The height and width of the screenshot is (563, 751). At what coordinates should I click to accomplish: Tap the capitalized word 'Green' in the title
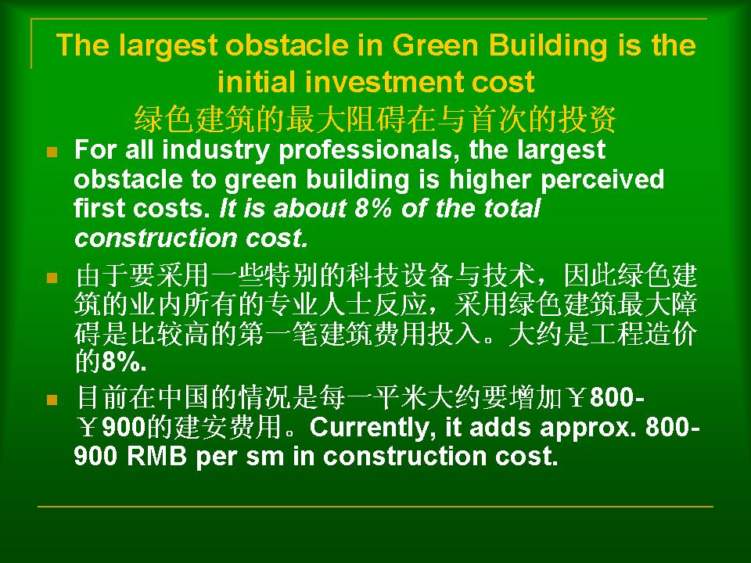[436, 45]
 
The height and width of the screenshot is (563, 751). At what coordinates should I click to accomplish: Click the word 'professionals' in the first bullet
[365, 151]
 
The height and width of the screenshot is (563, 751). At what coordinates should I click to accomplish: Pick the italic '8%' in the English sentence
[373, 209]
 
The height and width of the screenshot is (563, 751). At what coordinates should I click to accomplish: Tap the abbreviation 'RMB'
[156, 456]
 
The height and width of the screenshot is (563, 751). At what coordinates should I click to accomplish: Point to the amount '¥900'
[110, 427]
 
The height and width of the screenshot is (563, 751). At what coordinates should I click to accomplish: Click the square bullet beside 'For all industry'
[52, 152]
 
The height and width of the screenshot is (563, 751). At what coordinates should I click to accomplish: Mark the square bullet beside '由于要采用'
[52, 278]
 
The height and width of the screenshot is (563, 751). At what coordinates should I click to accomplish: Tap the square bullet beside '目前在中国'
[52, 400]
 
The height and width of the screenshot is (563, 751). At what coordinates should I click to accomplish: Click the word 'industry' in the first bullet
[216, 151]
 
